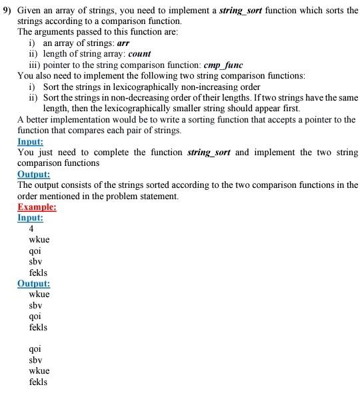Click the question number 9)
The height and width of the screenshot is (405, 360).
pos(7,11)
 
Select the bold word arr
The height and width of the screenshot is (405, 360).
pos(123,43)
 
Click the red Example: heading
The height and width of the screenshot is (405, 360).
pos(37,206)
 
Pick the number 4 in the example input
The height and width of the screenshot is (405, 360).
pos(32,228)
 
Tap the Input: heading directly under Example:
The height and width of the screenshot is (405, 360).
pos(30,217)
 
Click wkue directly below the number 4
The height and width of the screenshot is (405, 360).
pos(39,240)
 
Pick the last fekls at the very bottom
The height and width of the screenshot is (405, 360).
pos(38,382)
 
